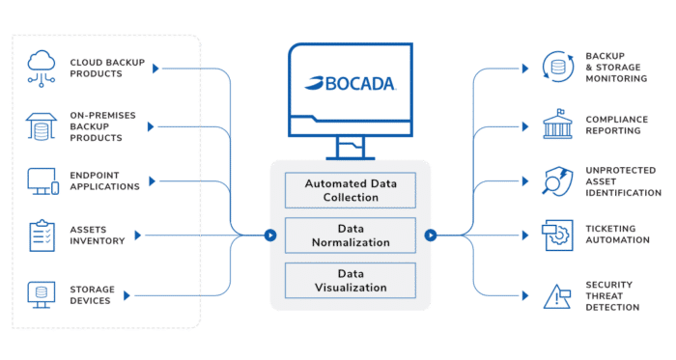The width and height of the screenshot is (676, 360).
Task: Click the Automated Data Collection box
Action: click(350, 190)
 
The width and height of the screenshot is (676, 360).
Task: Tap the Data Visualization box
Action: click(350, 280)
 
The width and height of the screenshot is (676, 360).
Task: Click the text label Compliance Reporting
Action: click(617, 125)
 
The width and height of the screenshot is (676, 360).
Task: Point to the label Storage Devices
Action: click(93, 293)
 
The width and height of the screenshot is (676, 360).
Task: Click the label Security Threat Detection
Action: click(612, 295)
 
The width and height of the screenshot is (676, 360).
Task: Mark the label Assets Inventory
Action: click(98, 235)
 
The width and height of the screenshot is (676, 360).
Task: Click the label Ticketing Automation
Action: click(618, 235)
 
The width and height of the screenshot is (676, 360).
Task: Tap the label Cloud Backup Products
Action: click(105, 68)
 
